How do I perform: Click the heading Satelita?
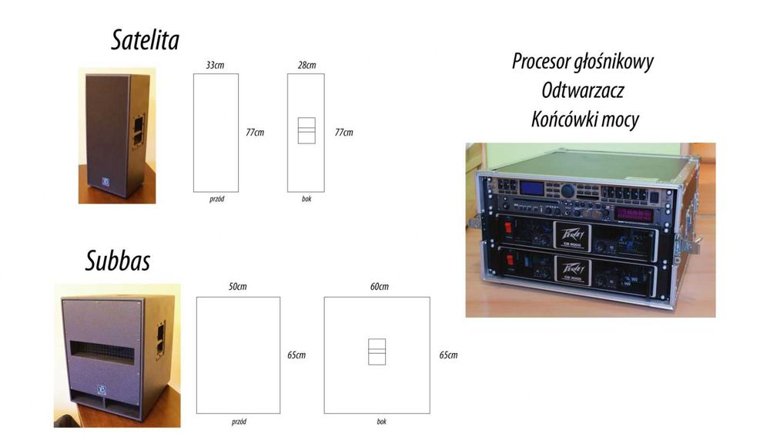point(145,40)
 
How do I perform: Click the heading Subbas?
point(117,261)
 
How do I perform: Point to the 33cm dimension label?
point(216,65)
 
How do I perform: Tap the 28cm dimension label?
point(306,65)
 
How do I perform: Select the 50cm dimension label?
point(237,287)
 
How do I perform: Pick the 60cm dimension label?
point(379,287)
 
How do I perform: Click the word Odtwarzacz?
point(582,90)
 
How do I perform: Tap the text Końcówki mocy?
point(584,120)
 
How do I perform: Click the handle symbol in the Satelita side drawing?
point(307,130)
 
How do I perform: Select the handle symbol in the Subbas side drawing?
point(377,351)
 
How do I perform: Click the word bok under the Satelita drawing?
point(306,200)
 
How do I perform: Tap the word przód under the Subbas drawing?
point(238,422)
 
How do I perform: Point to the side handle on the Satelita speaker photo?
point(139,130)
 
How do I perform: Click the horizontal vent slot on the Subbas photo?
point(112,352)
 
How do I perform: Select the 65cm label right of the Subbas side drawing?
point(448,355)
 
